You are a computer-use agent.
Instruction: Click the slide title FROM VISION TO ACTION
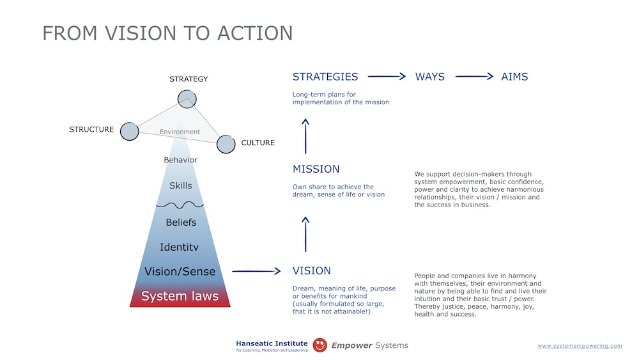point(167,33)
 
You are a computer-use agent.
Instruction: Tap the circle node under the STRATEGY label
point(187,99)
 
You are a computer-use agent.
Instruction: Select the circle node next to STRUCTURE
point(129,131)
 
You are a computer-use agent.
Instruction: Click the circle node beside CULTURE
point(226,144)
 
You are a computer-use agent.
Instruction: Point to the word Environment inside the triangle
point(180,132)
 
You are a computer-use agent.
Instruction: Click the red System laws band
point(180,297)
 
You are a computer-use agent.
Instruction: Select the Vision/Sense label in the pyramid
point(180,271)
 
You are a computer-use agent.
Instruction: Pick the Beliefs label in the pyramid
point(181,223)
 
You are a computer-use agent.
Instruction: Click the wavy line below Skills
point(180,205)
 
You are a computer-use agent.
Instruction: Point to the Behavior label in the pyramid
point(180,160)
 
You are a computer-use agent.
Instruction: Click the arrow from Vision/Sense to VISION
point(256,271)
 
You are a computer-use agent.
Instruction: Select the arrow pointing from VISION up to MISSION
point(305,233)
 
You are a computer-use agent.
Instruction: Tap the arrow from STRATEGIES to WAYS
point(387,77)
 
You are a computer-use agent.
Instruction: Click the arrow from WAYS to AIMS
point(474,77)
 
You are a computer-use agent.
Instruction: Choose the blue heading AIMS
point(514,77)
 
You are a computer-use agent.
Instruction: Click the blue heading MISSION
point(316,169)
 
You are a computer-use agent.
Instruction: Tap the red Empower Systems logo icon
point(320,345)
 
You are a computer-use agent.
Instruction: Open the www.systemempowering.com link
point(580,346)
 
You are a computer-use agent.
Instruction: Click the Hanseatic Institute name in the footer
point(272,343)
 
